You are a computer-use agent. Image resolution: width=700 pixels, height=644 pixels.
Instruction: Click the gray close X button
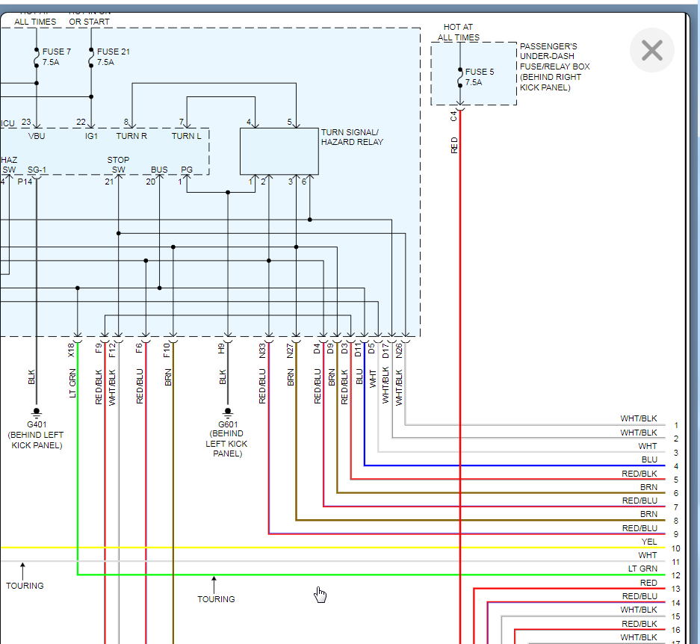(x=652, y=50)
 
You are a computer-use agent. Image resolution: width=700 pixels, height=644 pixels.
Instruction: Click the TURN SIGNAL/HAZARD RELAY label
(x=352, y=137)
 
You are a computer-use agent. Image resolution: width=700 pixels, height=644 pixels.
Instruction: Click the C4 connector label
(x=453, y=116)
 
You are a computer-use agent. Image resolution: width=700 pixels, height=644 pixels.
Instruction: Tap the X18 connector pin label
(x=72, y=349)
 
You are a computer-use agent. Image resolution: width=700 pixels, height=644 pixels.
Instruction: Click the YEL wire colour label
(x=649, y=542)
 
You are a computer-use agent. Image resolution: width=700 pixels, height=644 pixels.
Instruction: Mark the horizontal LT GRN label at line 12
(x=642, y=569)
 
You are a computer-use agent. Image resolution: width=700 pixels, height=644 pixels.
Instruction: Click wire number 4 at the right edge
(x=675, y=466)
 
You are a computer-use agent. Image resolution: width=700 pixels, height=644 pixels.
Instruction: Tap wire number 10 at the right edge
(x=676, y=549)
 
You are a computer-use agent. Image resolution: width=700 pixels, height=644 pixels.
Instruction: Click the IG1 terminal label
(x=91, y=136)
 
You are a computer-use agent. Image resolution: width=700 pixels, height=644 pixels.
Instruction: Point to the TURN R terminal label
(x=131, y=136)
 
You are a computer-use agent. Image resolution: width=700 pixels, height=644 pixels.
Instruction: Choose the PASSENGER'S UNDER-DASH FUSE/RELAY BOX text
(x=554, y=66)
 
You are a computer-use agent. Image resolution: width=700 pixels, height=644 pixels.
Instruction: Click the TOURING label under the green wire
(x=216, y=599)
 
